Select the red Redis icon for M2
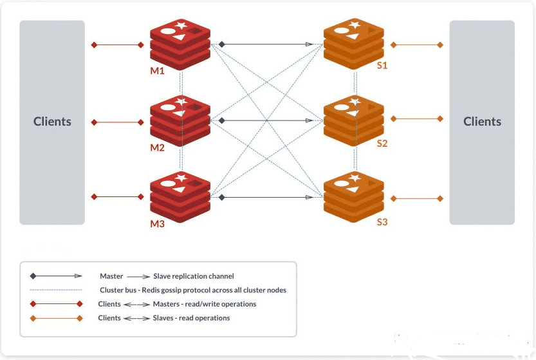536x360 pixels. click(x=181, y=120)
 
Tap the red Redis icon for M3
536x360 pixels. click(x=181, y=196)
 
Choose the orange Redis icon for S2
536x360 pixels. click(x=354, y=120)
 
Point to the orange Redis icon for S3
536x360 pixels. click(x=354, y=196)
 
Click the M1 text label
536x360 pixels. click(x=158, y=71)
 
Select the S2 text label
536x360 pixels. click(x=382, y=144)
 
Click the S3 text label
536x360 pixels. click(x=382, y=222)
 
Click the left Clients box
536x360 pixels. click(x=52, y=122)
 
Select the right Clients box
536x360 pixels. click(x=482, y=122)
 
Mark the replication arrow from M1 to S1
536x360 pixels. click(x=266, y=44)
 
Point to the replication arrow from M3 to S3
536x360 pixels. click(x=266, y=196)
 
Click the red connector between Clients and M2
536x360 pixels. click(x=118, y=121)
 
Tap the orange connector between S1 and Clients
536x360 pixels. click(x=417, y=45)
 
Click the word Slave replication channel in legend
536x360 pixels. click(x=193, y=276)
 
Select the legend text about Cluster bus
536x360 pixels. click(x=193, y=290)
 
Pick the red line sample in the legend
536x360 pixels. click(x=56, y=304)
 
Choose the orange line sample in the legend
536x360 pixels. click(x=56, y=318)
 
